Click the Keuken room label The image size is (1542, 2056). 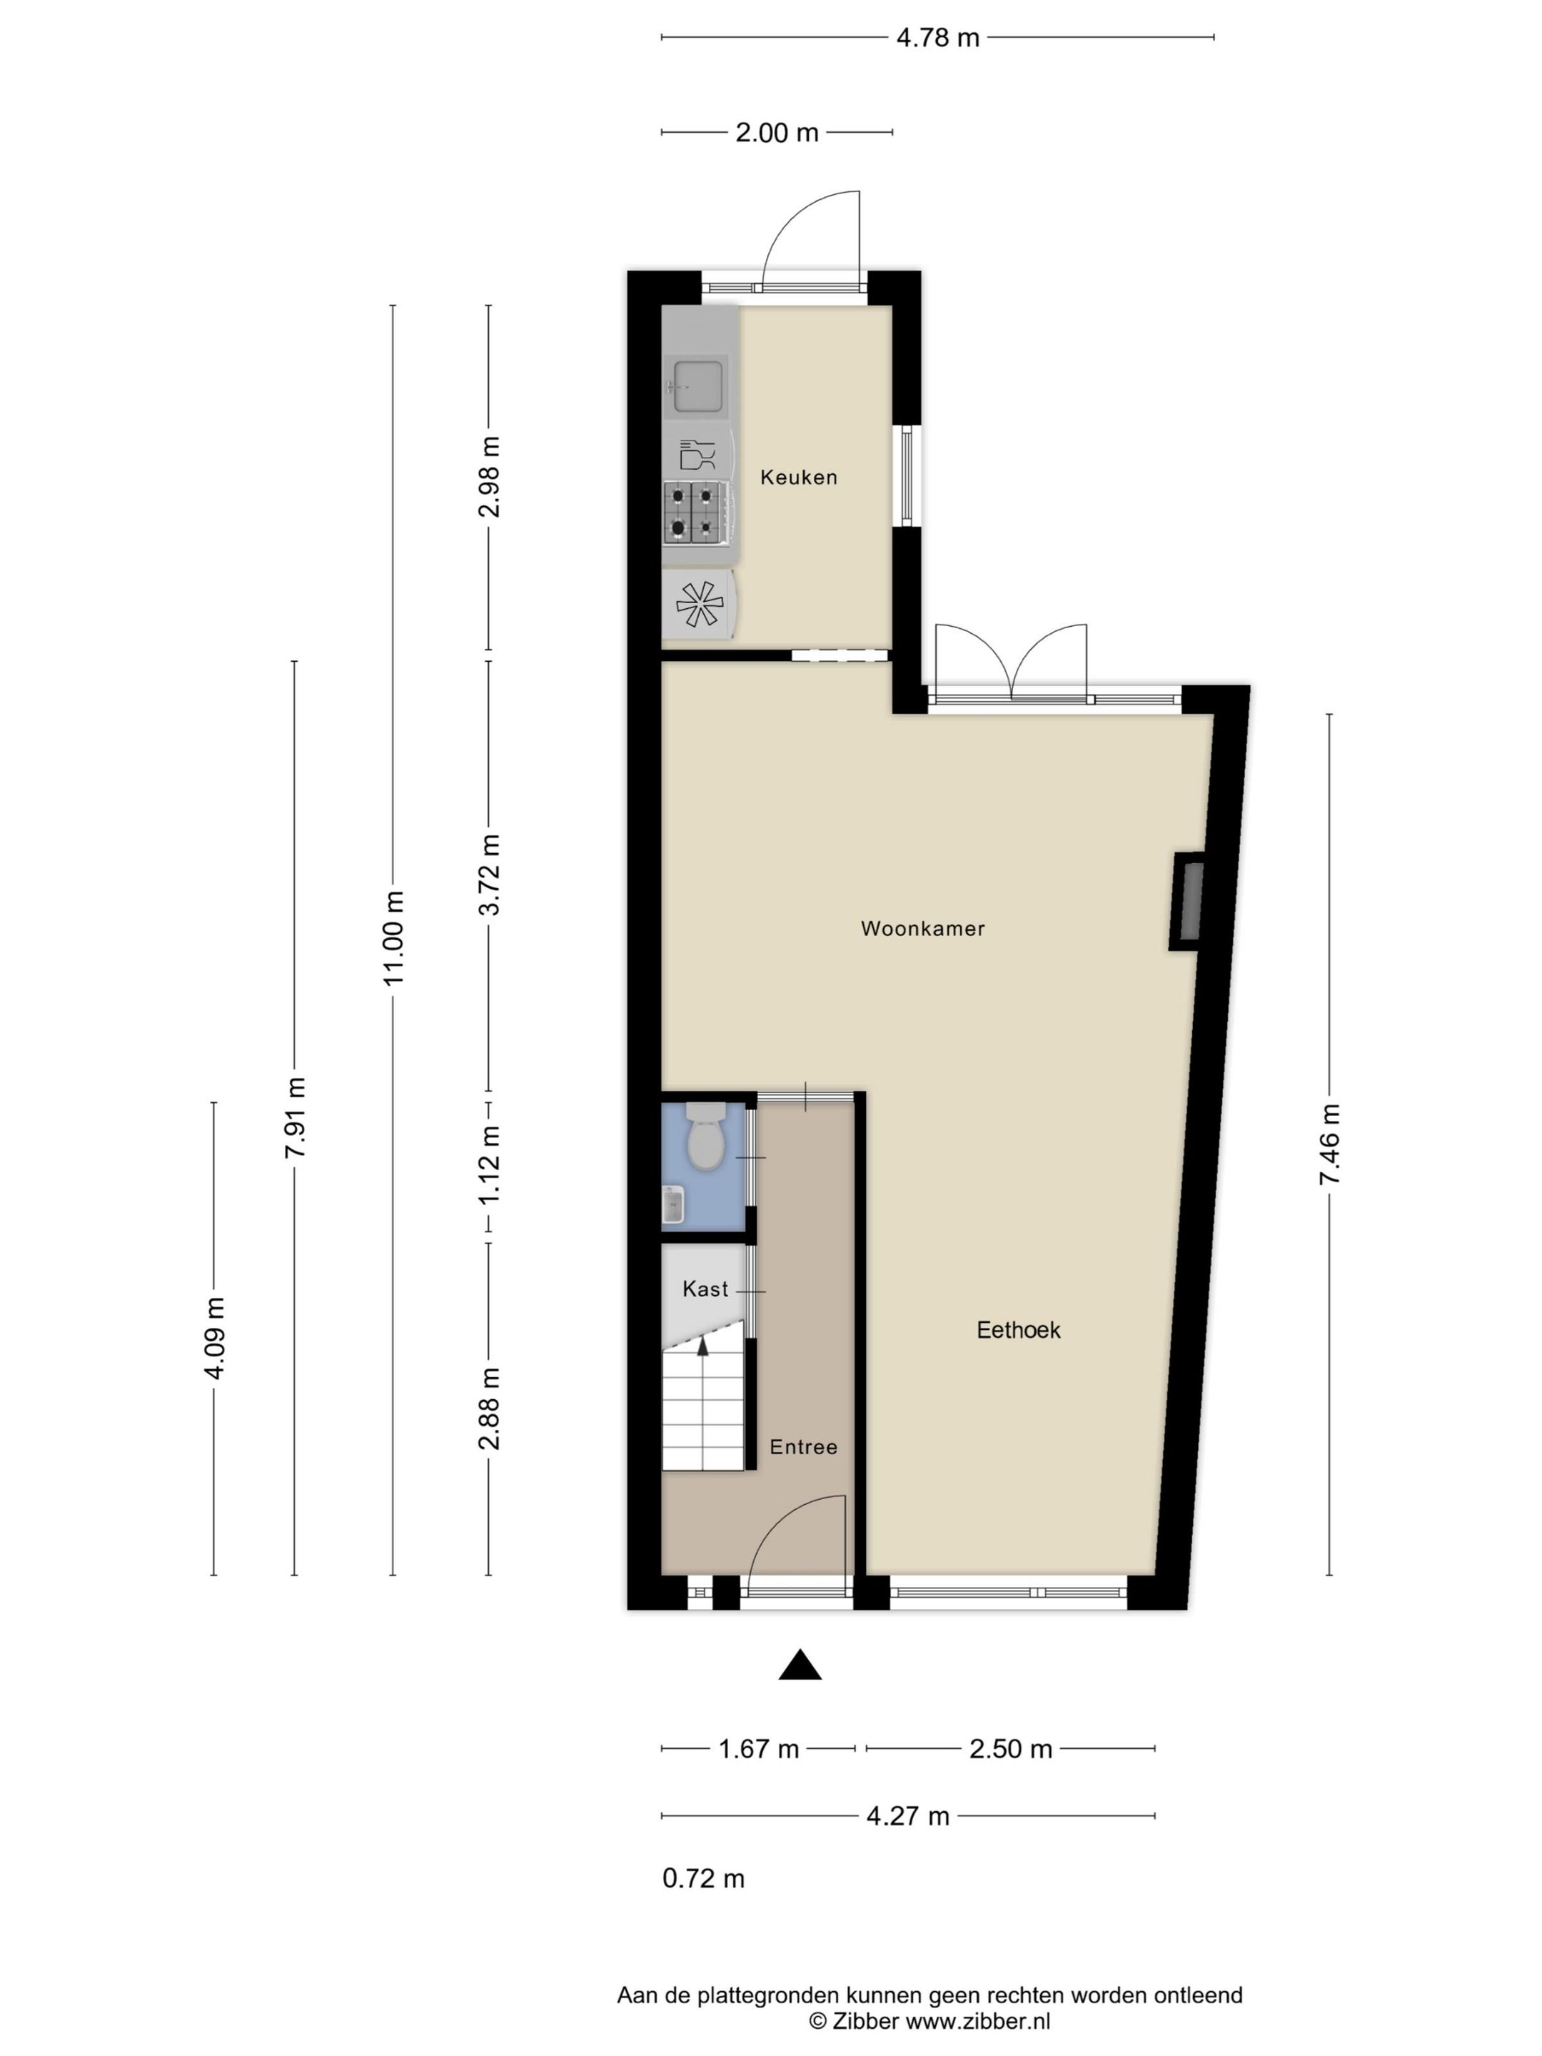798,478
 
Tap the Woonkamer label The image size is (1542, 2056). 923,929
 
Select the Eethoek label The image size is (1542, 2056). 1019,1330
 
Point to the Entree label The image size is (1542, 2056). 803,1447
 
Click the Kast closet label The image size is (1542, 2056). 705,1289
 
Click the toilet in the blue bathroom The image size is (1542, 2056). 705,1137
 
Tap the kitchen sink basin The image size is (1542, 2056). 697,385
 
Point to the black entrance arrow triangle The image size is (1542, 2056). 800,1665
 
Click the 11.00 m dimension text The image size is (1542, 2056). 394,942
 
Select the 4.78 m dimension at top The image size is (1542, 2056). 938,38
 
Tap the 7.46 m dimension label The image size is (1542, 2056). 1330,1145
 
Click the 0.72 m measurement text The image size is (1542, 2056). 704,1878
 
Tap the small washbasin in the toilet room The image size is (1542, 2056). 673,1206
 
